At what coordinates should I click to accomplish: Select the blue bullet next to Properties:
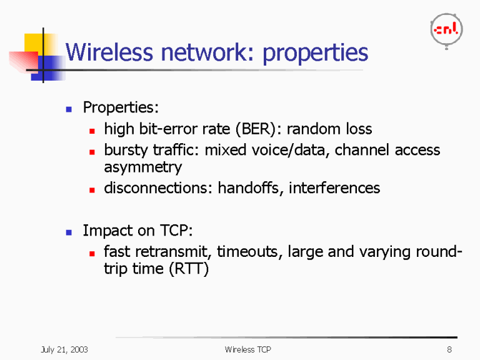pos(70,109)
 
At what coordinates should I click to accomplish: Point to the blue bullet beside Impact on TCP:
pos(70,232)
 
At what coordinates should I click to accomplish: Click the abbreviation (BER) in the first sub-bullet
pos(259,129)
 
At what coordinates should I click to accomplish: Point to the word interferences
pos(334,188)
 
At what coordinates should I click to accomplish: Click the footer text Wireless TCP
pos(248,349)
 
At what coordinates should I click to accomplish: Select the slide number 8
pos(449,349)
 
